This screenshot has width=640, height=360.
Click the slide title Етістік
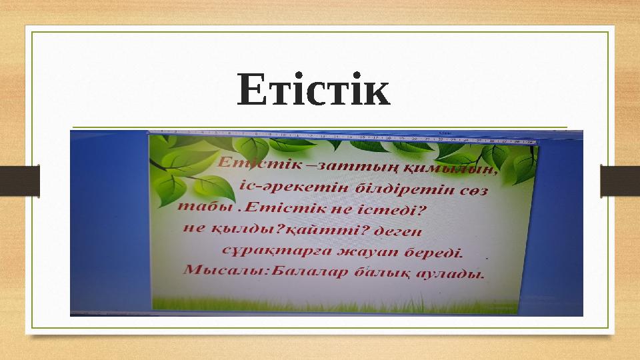click(313, 91)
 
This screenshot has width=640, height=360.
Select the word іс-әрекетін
click(274, 186)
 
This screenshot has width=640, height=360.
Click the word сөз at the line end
click(473, 191)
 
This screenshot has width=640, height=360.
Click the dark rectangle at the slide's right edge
click(619, 181)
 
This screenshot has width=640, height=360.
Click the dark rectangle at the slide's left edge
click(20, 181)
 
